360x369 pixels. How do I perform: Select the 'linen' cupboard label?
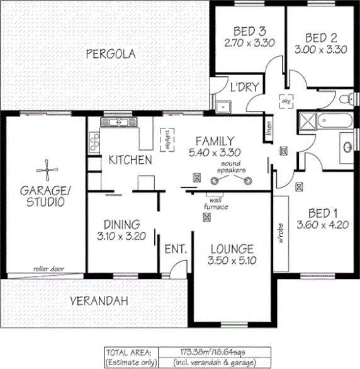point(269,128)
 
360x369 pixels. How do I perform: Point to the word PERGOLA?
point(111,54)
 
